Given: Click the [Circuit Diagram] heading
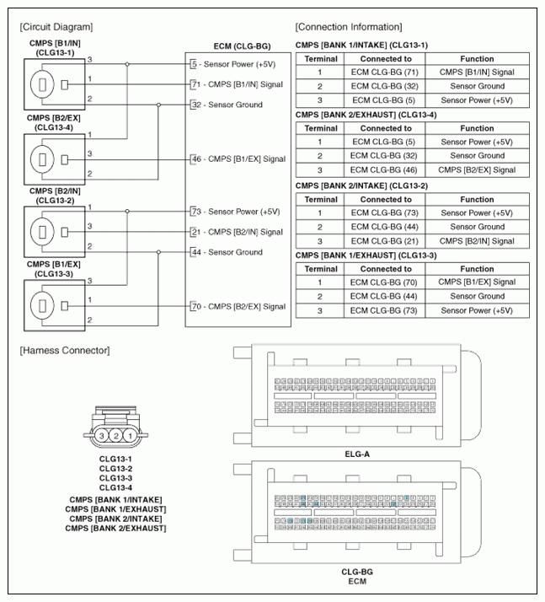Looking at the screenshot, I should pyautogui.click(x=56, y=27).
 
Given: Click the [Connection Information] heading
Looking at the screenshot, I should pyautogui.click(x=349, y=27).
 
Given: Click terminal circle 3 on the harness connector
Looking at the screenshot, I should pyautogui.click(x=100, y=437).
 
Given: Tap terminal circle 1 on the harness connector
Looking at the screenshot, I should pyautogui.click(x=130, y=437).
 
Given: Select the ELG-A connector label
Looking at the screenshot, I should pyautogui.click(x=357, y=453).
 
